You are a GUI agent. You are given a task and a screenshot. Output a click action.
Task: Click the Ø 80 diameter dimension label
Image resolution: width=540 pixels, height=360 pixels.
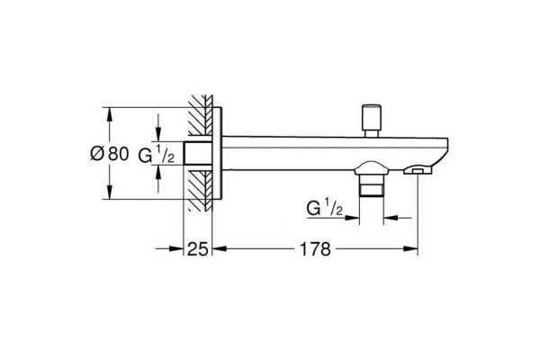point(109,154)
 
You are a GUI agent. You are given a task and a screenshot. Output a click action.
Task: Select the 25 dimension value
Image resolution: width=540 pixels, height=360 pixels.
point(198,248)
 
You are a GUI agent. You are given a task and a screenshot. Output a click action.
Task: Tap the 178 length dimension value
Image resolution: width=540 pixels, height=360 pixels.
point(315,248)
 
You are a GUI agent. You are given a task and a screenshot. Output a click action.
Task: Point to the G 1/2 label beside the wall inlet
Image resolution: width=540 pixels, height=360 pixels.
point(156,154)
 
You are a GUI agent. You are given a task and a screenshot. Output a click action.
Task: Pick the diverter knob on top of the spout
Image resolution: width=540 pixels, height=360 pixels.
point(371,121)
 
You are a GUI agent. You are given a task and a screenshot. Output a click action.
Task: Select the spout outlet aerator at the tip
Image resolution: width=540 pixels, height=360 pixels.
point(417,170)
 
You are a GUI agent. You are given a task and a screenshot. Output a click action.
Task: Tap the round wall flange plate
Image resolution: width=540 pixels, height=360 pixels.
point(217,153)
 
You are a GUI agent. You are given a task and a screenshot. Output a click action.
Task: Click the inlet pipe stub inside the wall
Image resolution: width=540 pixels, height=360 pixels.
point(198,153)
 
